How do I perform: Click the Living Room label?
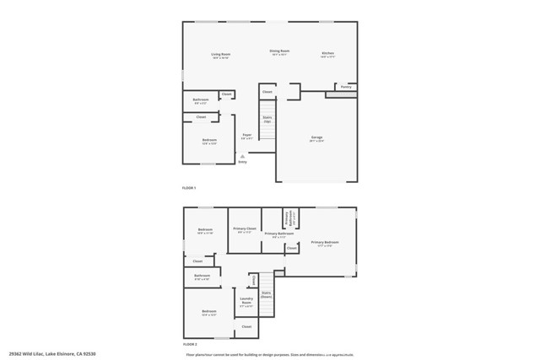(x=221, y=54)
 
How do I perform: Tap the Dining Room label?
(x=279, y=51)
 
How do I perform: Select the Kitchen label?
(x=328, y=54)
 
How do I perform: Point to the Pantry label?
(x=346, y=86)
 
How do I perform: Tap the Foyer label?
(x=247, y=135)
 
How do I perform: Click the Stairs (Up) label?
(x=267, y=120)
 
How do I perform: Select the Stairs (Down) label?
(x=266, y=295)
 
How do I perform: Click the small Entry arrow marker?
(x=243, y=155)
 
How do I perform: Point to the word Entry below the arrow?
(x=243, y=161)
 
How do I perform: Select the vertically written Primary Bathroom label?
(x=287, y=218)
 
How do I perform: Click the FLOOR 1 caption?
(x=189, y=187)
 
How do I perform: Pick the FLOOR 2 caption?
(x=189, y=344)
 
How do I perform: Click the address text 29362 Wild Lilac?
(x=25, y=354)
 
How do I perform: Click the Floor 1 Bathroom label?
(x=201, y=100)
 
